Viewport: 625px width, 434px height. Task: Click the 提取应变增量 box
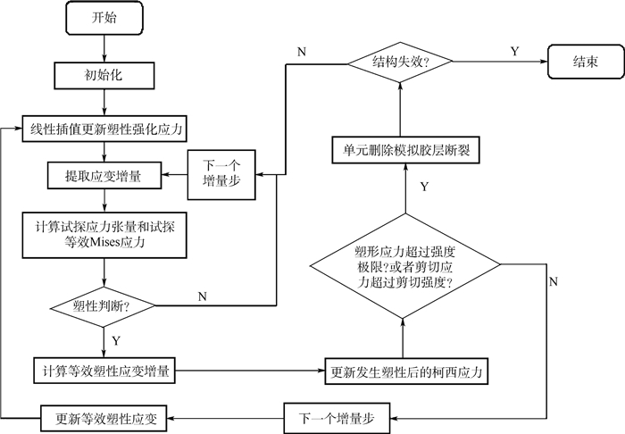click(x=104, y=176)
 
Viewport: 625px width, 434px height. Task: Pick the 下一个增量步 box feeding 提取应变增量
click(x=221, y=169)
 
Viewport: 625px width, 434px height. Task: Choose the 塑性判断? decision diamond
click(x=102, y=306)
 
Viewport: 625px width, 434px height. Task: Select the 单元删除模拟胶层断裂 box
click(x=406, y=153)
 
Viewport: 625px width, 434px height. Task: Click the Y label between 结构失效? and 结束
click(x=514, y=52)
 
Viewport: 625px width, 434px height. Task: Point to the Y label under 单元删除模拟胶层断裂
click(x=423, y=187)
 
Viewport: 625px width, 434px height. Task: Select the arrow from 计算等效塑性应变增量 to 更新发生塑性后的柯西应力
click(x=254, y=367)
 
